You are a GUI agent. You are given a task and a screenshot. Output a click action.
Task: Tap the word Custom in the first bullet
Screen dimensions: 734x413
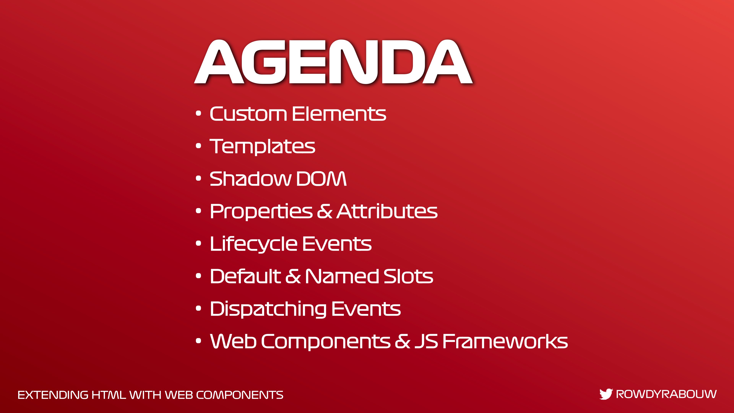(248, 114)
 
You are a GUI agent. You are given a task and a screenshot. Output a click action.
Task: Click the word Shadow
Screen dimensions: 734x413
(250, 179)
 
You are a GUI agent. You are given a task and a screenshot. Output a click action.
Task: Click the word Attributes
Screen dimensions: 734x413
(387, 211)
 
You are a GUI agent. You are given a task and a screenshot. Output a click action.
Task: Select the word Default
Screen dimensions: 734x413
(246, 276)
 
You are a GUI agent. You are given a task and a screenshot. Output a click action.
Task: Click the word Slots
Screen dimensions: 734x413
(408, 276)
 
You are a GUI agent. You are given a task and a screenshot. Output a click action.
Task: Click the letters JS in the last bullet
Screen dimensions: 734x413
(426, 341)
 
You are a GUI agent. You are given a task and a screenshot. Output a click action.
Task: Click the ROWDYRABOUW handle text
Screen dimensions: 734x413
(666, 394)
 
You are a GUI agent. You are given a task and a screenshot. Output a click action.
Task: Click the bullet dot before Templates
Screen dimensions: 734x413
(199, 146)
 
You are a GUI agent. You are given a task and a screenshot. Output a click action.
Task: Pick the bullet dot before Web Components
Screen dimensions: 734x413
(199, 341)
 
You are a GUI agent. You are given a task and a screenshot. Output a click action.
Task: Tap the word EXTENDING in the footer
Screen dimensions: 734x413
(53, 395)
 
